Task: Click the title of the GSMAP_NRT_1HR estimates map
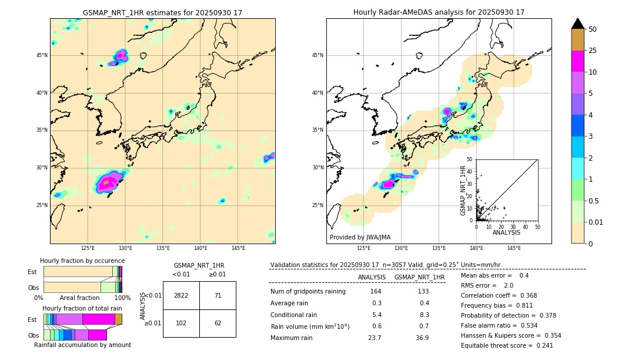[x=162, y=12]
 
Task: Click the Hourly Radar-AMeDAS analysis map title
[x=439, y=12]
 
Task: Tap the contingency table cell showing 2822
[x=181, y=296]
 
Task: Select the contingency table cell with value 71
[x=218, y=296]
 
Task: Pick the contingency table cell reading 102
[x=181, y=323]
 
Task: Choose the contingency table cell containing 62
[x=218, y=323]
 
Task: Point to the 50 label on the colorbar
[x=593, y=29]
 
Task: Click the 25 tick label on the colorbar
[x=593, y=51]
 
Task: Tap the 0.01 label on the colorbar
[x=595, y=222]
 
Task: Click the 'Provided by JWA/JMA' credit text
[x=360, y=238]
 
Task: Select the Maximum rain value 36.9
[x=422, y=338]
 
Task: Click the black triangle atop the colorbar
[x=578, y=24]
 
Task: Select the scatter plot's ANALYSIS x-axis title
[x=506, y=232]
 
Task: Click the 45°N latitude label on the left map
[x=42, y=55]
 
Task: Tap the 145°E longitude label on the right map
[x=514, y=248]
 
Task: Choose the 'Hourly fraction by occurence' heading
[x=82, y=261]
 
